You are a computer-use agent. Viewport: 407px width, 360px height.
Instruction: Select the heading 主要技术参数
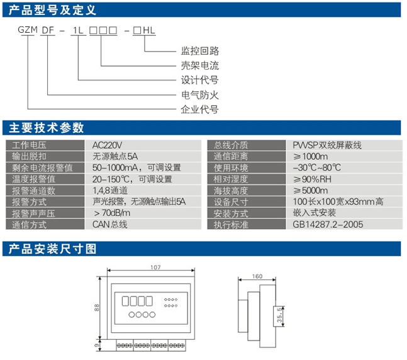46,128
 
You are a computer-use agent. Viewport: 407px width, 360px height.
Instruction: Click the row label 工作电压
30,145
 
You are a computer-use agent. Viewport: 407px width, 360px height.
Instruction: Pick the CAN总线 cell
110,224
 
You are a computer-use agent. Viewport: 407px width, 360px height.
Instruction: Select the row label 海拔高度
231,190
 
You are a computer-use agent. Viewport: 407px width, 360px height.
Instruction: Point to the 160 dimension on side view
257,276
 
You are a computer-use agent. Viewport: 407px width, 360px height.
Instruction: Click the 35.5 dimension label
280,315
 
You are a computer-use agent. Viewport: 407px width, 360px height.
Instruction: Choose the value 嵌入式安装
314,213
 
